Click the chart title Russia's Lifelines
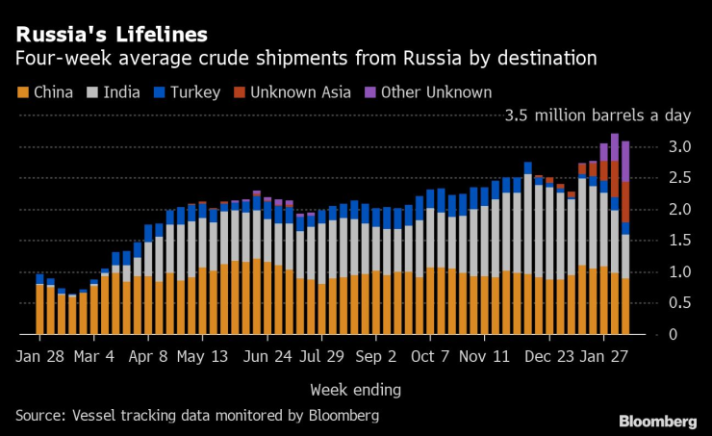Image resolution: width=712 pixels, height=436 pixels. [x=111, y=36]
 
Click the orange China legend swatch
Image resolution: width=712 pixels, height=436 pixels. [x=22, y=93]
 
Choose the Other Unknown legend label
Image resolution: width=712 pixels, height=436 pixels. [x=437, y=93]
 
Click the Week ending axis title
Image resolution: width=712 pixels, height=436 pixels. [x=356, y=390]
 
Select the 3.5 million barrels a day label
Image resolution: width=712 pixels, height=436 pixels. [x=598, y=116]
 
